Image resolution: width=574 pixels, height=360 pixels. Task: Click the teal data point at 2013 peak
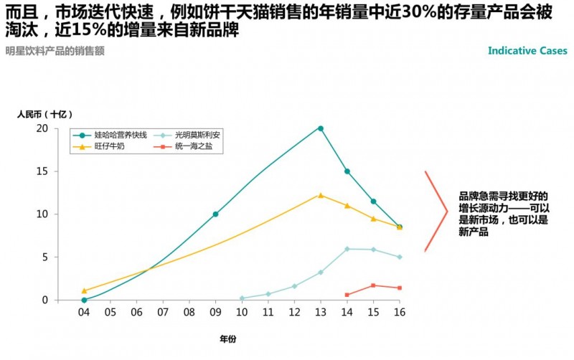click(321, 128)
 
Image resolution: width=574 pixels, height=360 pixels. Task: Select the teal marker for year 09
click(215, 214)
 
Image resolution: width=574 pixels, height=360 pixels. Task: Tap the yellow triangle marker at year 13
click(321, 195)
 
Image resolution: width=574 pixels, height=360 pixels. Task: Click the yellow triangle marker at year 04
click(84, 290)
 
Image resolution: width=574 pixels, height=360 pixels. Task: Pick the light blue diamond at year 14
click(347, 249)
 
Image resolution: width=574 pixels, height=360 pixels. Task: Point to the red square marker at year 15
click(373, 285)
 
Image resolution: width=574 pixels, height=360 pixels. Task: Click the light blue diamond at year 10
click(242, 298)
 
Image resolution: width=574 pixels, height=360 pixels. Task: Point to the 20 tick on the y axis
click(42, 128)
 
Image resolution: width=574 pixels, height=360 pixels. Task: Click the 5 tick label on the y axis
click(45, 257)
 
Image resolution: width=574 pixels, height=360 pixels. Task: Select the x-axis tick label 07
click(163, 313)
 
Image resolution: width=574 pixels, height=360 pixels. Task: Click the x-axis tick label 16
click(400, 313)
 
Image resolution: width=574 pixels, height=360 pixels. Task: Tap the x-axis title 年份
click(228, 337)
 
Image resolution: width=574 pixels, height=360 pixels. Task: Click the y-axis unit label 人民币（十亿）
click(44, 113)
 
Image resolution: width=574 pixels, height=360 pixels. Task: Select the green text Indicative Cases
click(527, 51)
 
